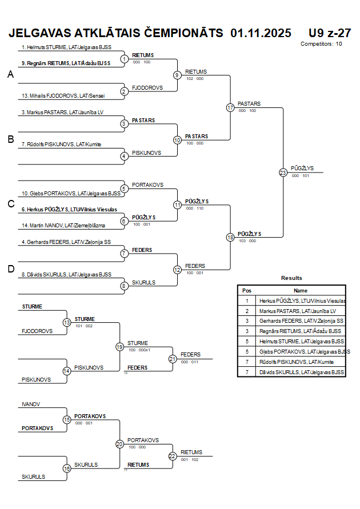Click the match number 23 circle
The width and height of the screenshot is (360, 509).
pyautogui.click(x=283, y=173)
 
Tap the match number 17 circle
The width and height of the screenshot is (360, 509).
pyautogui.click(x=230, y=107)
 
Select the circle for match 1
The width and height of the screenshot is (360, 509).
pyautogui.click(x=125, y=59)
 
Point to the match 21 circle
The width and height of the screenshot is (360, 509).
pyautogui.click(x=173, y=359)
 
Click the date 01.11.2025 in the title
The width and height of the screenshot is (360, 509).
pyautogui.click(x=261, y=33)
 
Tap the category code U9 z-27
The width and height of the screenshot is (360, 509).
pyautogui.click(x=329, y=33)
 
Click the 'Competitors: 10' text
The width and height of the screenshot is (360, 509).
pyautogui.click(x=321, y=43)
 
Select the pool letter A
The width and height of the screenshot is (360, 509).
pyautogui.click(x=10, y=74)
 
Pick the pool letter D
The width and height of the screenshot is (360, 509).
pyautogui.click(x=10, y=269)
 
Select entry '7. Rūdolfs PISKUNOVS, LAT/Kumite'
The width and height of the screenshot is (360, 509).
pyautogui.click(x=61, y=145)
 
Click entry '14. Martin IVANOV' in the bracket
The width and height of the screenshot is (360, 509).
pyautogui.click(x=63, y=226)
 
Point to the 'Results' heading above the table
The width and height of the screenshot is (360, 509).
pyautogui.click(x=291, y=278)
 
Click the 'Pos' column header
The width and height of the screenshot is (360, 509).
pyautogui.click(x=247, y=290)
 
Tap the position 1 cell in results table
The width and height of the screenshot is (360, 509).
pyautogui.click(x=247, y=300)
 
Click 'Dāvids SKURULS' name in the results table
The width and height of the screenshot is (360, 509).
pyautogui.click(x=302, y=372)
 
